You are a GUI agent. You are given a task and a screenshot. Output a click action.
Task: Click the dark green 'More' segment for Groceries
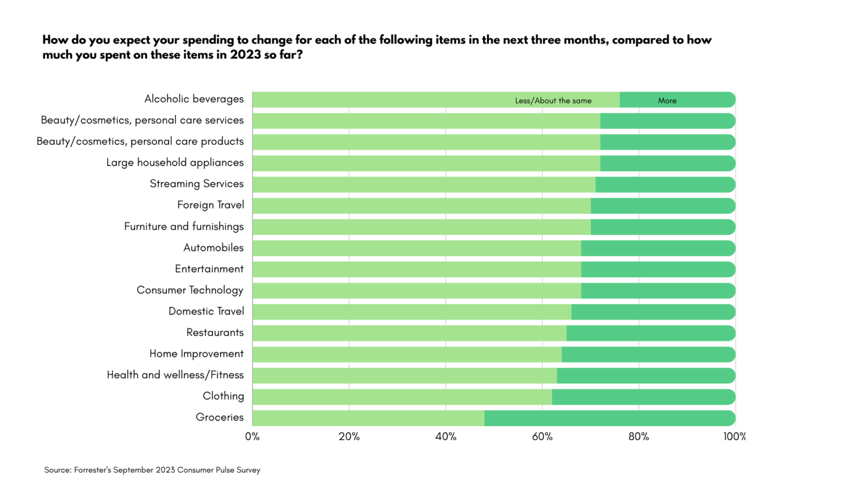point(609,418)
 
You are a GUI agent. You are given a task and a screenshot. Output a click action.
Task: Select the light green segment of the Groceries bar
point(368,418)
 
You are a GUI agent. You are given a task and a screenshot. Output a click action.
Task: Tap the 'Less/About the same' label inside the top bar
point(553,101)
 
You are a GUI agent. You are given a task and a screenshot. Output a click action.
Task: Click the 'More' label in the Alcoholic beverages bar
point(667,101)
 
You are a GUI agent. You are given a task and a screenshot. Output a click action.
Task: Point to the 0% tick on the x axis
point(253,437)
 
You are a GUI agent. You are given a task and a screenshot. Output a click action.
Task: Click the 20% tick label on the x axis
point(349,437)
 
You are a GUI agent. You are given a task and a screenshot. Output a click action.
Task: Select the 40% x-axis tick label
point(445,437)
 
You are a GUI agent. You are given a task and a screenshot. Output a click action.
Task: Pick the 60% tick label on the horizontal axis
point(542,437)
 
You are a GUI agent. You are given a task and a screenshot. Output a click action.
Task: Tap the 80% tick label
point(639,437)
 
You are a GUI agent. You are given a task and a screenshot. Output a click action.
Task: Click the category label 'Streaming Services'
point(196,184)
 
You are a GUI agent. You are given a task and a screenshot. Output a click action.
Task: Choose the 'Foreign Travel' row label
point(210,205)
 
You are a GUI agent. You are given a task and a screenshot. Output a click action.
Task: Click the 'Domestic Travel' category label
point(206,311)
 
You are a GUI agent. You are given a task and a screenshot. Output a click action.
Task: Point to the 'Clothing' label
point(223,396)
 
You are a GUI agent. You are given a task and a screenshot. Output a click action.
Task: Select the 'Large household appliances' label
point(175,163)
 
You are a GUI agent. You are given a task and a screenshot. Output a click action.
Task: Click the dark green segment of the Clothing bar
point(643,397)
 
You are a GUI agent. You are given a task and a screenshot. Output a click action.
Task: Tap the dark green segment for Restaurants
point(651,333)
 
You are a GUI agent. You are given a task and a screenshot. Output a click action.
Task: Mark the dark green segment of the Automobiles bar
point(658,249)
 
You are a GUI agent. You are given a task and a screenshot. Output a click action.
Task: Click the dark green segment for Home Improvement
point(648,355)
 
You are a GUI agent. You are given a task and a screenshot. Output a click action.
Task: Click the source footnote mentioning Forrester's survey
point(152,470)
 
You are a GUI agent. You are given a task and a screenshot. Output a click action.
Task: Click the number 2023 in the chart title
point(245,55)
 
